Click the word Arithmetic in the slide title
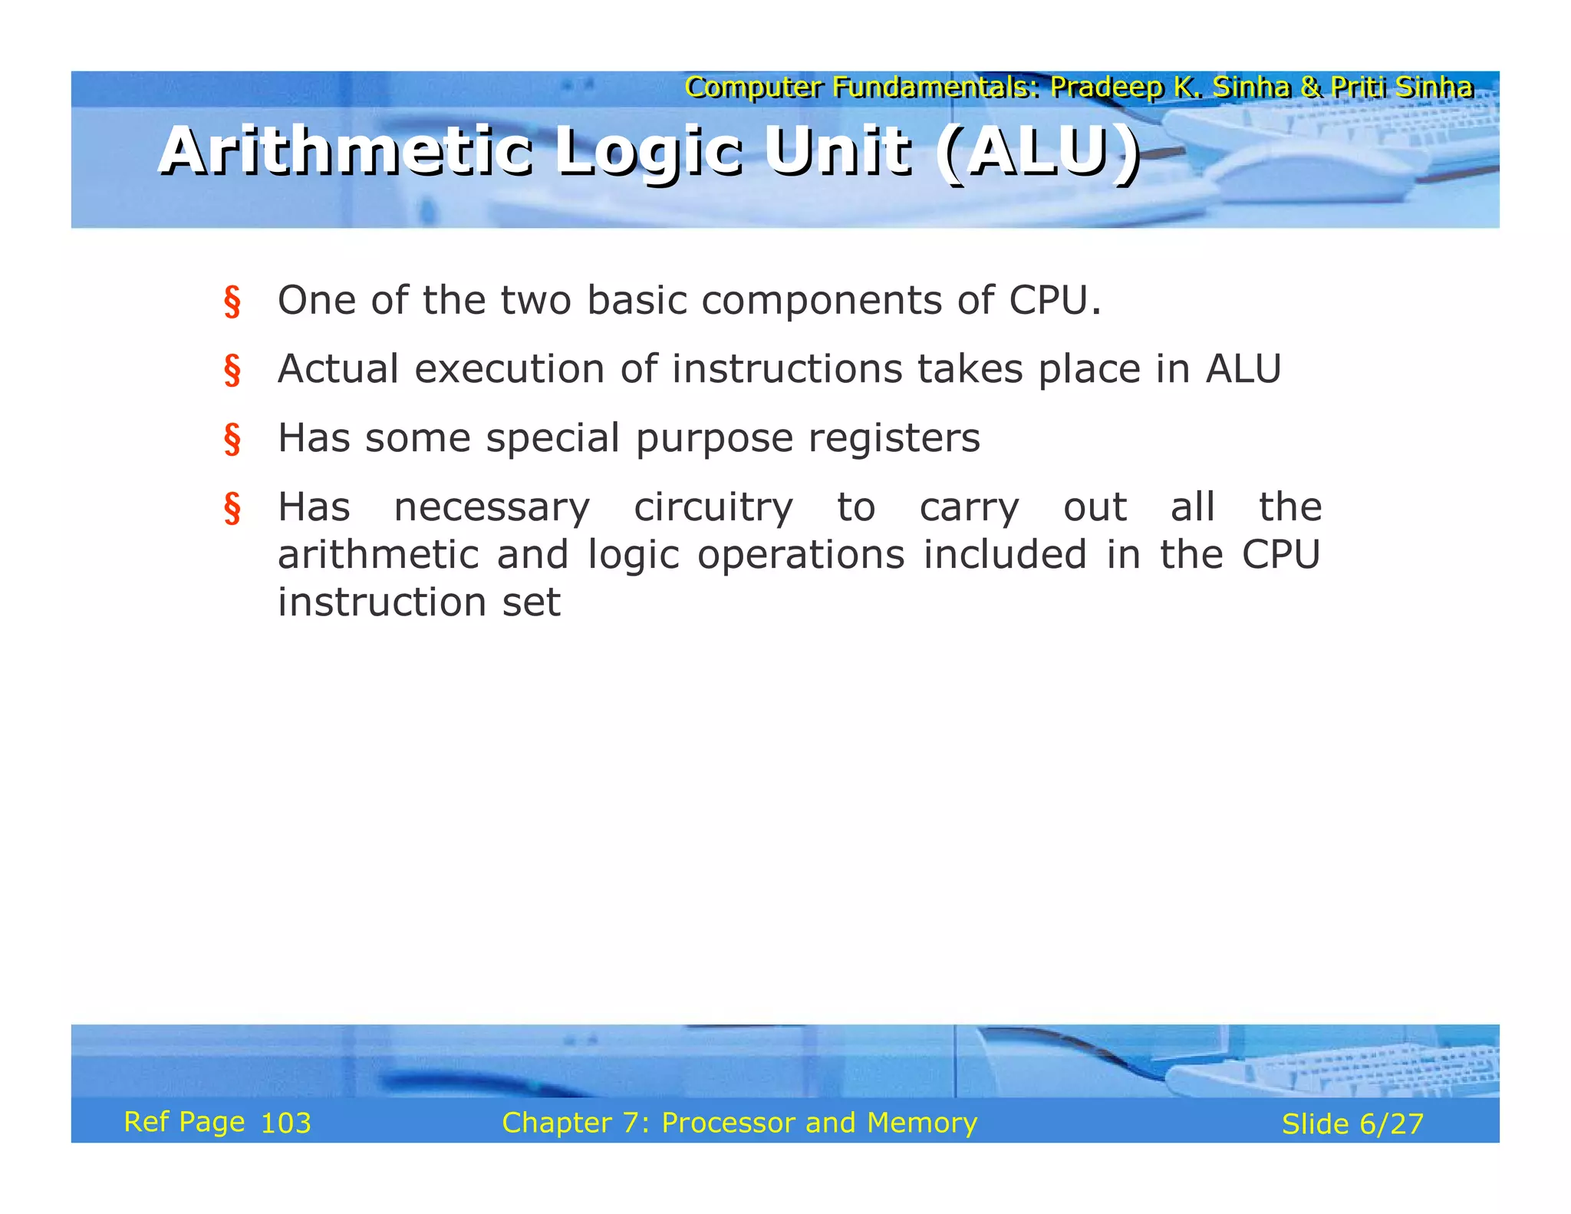point(345,151)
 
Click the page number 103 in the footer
point(285,1123)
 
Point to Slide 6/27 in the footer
point(1352,1124)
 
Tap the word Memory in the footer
point(922,1123)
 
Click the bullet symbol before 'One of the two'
point(232,302)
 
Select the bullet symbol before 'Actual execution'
point(232,371)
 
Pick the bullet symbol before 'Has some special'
point(232,440)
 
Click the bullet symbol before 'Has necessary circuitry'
point(232,509)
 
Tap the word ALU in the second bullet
point(1243,369)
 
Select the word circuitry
point(713,508)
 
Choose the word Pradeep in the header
point(1107,87)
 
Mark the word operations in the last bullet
point(801,555)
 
